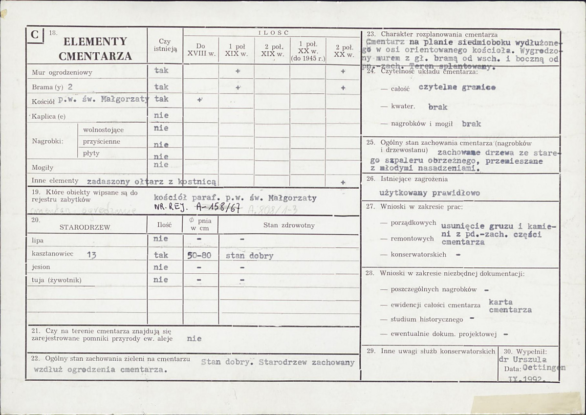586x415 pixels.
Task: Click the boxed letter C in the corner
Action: click(x=34, y=35)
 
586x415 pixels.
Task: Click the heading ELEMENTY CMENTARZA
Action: click(x=95, y=48)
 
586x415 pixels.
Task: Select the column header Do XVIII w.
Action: click(x=200, y=50)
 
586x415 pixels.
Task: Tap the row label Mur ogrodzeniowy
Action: click(x=62, y=72)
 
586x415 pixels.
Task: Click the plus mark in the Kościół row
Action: click(x=200, y=99)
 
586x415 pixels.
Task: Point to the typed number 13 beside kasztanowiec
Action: click(x=91, y=255)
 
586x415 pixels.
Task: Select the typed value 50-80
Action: click(x=199, y=255)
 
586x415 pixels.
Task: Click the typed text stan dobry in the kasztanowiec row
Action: click(x=249, y=256)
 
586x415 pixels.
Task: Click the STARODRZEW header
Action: click(x=85, y=227)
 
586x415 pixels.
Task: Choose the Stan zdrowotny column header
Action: click(x=289, y=225)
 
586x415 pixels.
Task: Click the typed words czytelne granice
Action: click(x=457, y=87)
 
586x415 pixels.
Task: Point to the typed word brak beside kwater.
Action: click(x=437, y=107)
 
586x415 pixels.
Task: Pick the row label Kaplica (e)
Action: click(x=48, y=117)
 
